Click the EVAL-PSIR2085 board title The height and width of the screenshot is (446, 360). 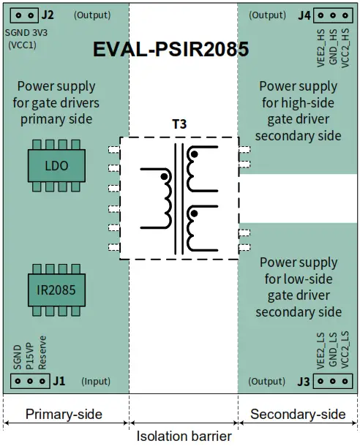pyautogui.click(x=170, y=50)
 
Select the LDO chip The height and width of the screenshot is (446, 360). pyautogui.click(x=56, y=166)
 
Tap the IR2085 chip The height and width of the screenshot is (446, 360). pyautogui.click(x=56, y=290)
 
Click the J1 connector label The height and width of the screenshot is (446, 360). pyautogui.click(x=59, y=381)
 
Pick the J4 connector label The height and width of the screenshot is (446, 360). pyautogui.click(x=305, y=15)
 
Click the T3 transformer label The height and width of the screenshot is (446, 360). pyautogui.click(x=179, y=124)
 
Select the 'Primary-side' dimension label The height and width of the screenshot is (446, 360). pyautogui.click(x=64, y=415)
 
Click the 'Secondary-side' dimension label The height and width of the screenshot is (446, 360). pyautogui.click(x=298, y=415)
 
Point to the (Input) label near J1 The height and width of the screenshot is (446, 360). pyautogui.click(x=96, y=381)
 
